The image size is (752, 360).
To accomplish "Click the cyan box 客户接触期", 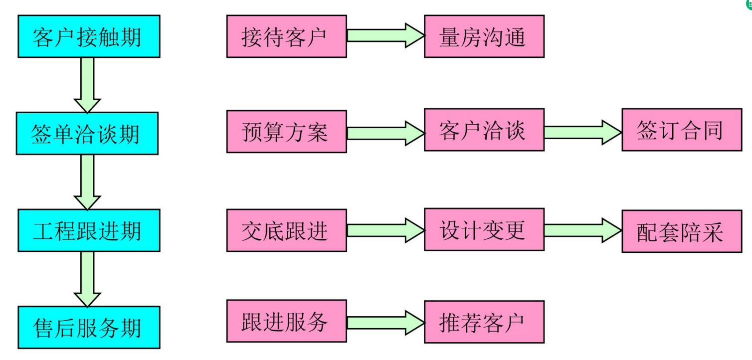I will [88, 36].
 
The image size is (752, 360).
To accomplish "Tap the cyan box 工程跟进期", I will [88, 230].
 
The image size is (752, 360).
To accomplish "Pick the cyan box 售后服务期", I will [88, 327].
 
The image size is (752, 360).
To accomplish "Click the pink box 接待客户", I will [286, 36].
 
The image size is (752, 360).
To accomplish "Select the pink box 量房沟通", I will [484, 36].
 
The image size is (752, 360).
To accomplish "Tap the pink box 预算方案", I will [286, 132].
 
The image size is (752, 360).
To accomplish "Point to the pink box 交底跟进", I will [286, 230].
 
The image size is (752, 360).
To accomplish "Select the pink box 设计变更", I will [484, 229].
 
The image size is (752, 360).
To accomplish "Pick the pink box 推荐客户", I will [484, 322].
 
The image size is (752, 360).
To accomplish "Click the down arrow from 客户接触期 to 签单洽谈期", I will [87, 85].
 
